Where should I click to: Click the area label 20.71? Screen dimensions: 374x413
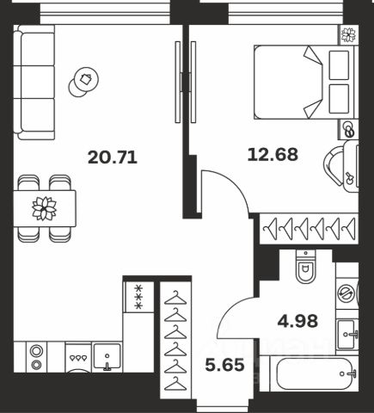coord(113,157)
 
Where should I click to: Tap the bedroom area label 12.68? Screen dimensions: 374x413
coord(273,154)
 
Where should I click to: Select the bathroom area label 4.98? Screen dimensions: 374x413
coord(297,321)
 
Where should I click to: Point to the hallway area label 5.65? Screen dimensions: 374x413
coord(225,365)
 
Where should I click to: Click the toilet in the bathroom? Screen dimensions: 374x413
coord(305,267)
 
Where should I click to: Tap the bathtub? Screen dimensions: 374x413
coord(315,373)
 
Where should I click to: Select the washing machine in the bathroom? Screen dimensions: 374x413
coord(347,293)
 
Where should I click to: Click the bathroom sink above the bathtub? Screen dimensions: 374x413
coord(347,334)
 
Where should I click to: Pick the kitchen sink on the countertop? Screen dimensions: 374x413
coord(107,357)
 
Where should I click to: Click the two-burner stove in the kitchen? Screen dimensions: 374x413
coord(36,357)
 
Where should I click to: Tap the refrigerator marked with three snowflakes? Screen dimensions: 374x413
coord(138,297)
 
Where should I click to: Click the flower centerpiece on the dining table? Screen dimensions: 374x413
coord(44,208)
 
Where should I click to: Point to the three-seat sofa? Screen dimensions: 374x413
coord(34,83)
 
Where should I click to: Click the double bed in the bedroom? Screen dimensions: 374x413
coord(304,82)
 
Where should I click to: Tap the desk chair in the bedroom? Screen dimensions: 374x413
coord(334,165)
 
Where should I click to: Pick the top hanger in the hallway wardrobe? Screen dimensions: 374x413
coord(175,298)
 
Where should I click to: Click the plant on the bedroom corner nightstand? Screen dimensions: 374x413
coord(348,34)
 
